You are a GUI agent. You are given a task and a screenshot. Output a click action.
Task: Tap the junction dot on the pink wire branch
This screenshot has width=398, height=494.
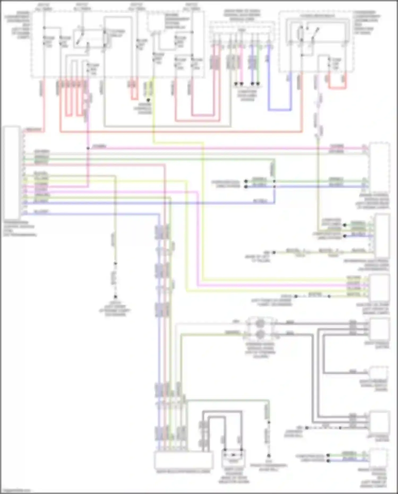pyautogui.click(x=88, y=148)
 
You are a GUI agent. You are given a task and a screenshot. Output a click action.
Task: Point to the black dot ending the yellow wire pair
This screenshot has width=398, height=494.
pyautogui.click(x=148, y=100)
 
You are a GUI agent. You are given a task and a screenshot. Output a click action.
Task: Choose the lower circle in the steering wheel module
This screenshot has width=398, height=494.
pyautogui.click(x=260, y=334)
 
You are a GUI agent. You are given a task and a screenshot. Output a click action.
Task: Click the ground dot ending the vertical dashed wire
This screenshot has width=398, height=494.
pyautogui.click(x=115, y=297)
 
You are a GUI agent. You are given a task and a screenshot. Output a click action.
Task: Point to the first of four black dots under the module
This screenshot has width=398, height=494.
pyautogui.click(x=236, y=84)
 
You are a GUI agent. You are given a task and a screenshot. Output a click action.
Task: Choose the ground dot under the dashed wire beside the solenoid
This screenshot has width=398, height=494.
pyautogui.click(x=269, y=456)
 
